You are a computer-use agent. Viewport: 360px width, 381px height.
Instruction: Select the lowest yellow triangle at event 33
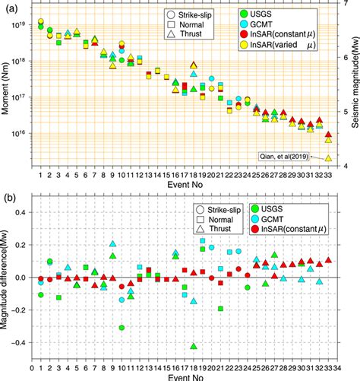click(328, 158)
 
